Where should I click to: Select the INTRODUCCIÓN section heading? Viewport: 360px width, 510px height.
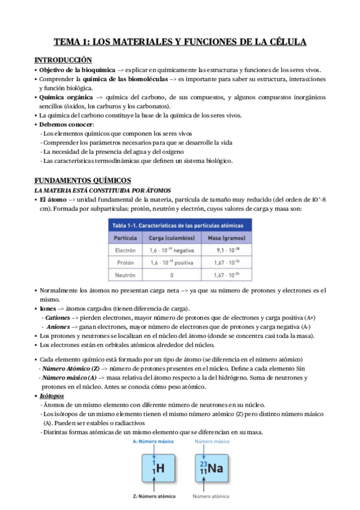(63, 60)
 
